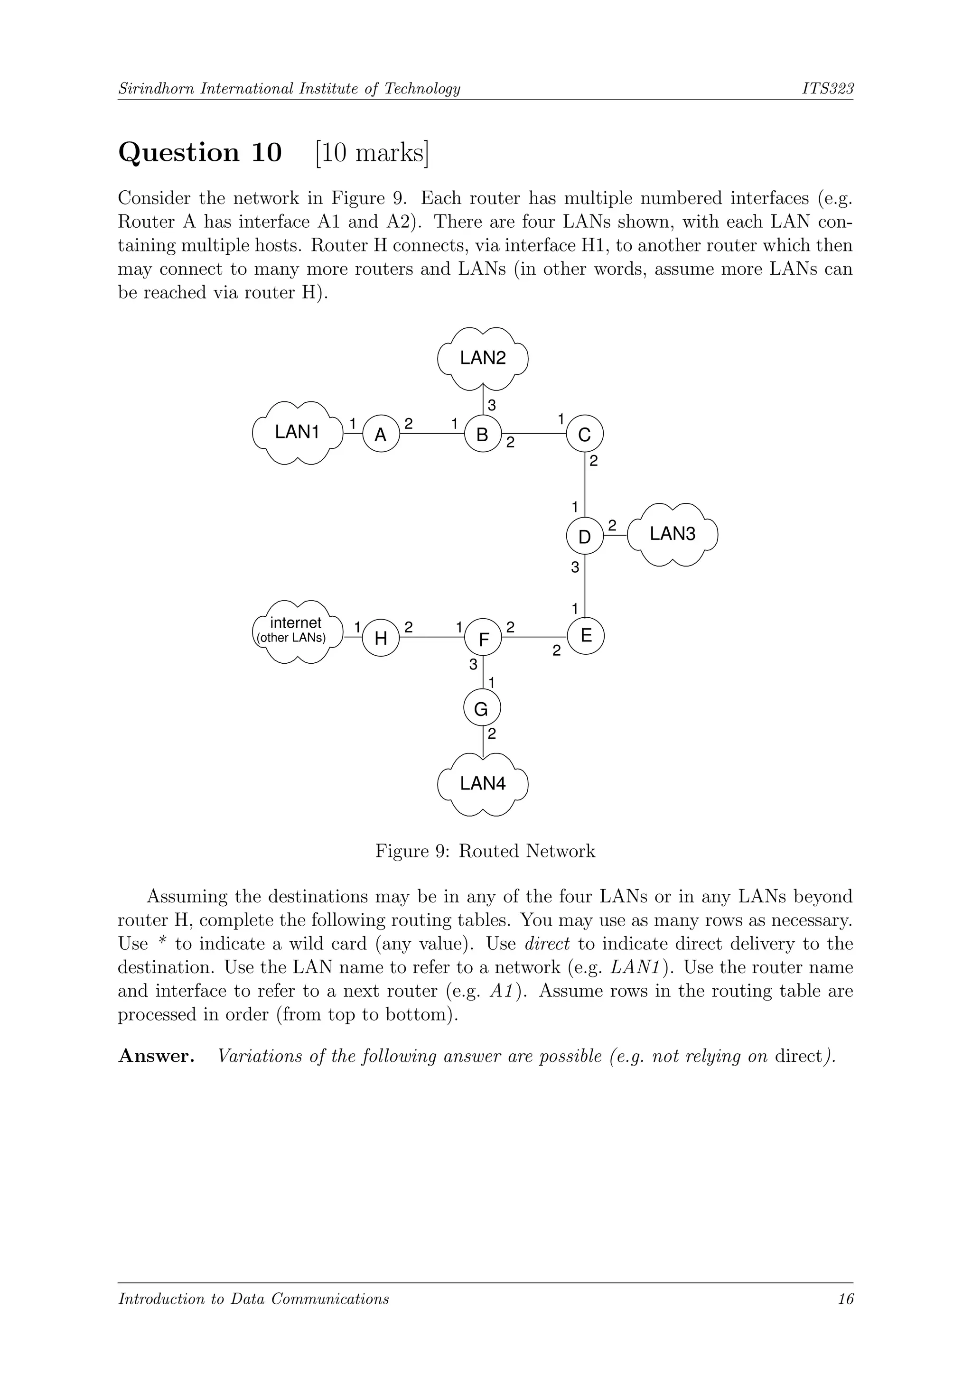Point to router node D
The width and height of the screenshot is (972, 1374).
point(585,536)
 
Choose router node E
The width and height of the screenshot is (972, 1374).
point(586,636)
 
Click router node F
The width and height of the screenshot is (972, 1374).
point(483,638)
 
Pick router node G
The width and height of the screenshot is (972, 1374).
point(482,709)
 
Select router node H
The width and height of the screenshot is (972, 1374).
point(381,638)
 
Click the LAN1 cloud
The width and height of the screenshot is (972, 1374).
point(298,432)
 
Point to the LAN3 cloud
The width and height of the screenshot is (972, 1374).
point(673,534)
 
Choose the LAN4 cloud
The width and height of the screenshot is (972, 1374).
point(483,783)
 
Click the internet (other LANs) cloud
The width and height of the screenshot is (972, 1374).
point(296,631)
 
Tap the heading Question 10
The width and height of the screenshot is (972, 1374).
point(200,153)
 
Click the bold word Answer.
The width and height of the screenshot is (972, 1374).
point(156,1056)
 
